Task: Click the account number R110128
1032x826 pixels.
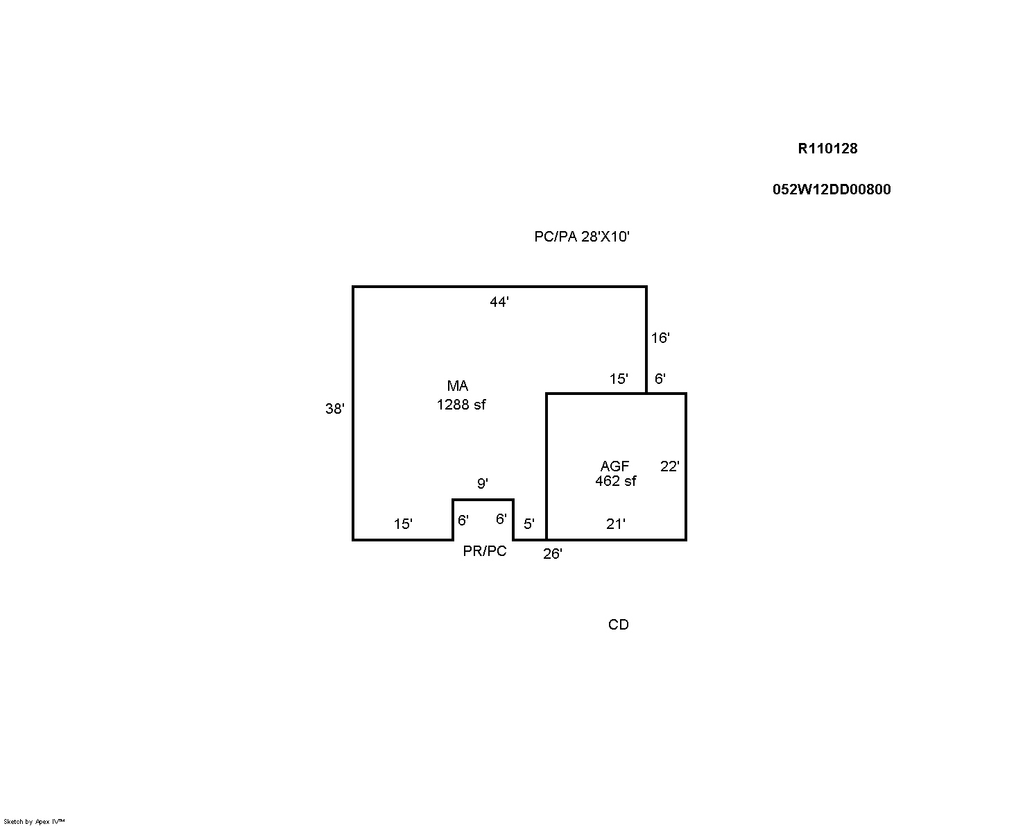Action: point(827,149)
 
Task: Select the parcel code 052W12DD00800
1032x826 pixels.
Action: point(832,189)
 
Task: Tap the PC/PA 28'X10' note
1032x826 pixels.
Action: point(582,237)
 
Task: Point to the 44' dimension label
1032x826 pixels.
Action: point(499,302)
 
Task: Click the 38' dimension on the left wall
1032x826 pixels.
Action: point(335,408)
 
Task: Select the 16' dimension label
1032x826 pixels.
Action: point(660,338)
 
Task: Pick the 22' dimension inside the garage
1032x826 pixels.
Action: point(670,466)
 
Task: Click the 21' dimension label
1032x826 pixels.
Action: point(616,523)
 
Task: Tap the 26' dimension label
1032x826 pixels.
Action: point(553,554)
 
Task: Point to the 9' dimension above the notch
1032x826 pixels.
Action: point(483,483)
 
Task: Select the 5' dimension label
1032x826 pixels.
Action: point(529,523)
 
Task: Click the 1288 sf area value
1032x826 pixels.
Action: point(461,405)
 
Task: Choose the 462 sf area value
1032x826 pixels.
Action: point(616,481)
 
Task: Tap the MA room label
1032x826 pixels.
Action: point(458,386)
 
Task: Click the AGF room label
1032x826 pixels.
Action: point(614,466)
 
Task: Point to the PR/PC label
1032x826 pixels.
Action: point(484,551)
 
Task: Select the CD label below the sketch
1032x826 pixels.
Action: point(618,625)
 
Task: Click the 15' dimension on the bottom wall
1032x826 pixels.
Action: point(403,523)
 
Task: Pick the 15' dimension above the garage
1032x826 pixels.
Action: point(619,379)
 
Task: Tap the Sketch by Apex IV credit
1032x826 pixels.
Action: point(34,821)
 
